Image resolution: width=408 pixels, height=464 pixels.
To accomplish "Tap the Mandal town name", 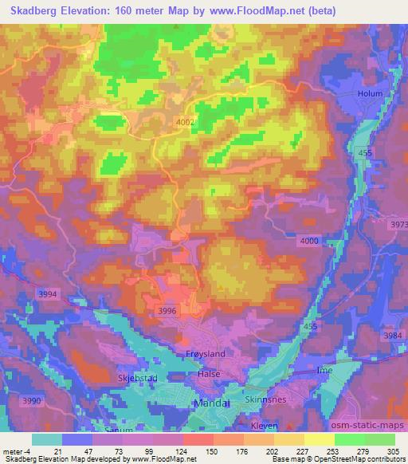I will (x=211, y=403).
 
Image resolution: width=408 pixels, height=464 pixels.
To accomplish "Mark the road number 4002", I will (x=186, y=121).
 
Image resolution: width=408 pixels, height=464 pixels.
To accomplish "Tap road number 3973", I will (x=395, y=226).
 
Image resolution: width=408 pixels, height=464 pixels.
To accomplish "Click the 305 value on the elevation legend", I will (x=391, y=450).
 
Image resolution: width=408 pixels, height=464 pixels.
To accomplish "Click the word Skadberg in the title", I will (x=33, y=11).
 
